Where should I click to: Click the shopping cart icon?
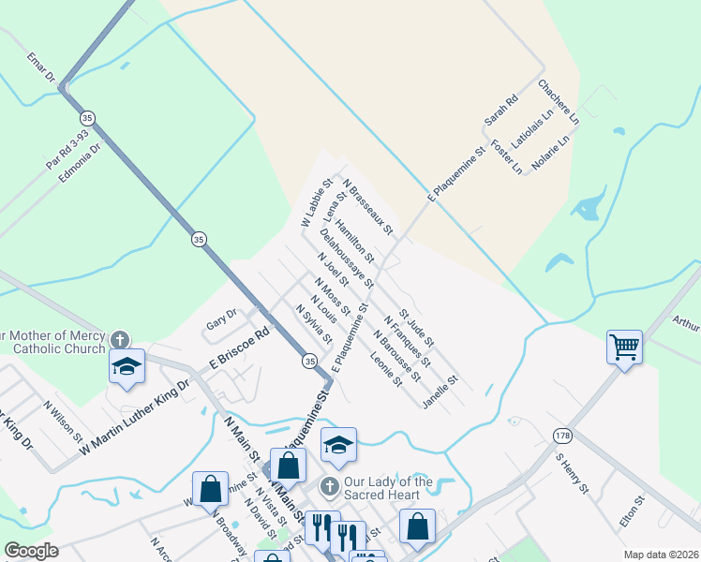tap(624, 348)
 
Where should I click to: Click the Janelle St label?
tap(440, 393)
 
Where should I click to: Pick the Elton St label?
tap(634, 511)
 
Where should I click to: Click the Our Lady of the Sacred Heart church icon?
tap(328, 486)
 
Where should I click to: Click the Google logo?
tap(32, 551)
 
